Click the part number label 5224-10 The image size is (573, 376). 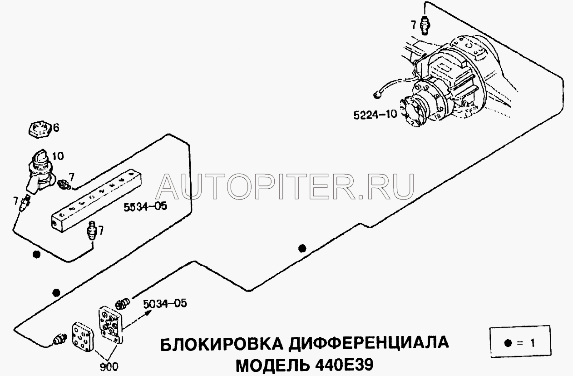click(375, 115)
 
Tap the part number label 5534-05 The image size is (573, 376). click(145, 206)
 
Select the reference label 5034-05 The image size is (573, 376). click(165, 304)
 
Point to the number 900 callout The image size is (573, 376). click(109, 367)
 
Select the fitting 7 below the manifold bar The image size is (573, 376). click(91, 230)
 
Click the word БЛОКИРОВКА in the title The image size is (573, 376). click(222, 344)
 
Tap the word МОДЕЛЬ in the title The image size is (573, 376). click(272, 366)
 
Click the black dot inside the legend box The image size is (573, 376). click(508, 343)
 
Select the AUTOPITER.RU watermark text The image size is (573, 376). click(285, 186)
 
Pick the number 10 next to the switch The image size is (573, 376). click(58, 156)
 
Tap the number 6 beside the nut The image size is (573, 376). click(56, 128)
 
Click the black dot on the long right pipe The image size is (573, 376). click(302, 248)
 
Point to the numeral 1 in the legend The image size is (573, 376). click(533, 343)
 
